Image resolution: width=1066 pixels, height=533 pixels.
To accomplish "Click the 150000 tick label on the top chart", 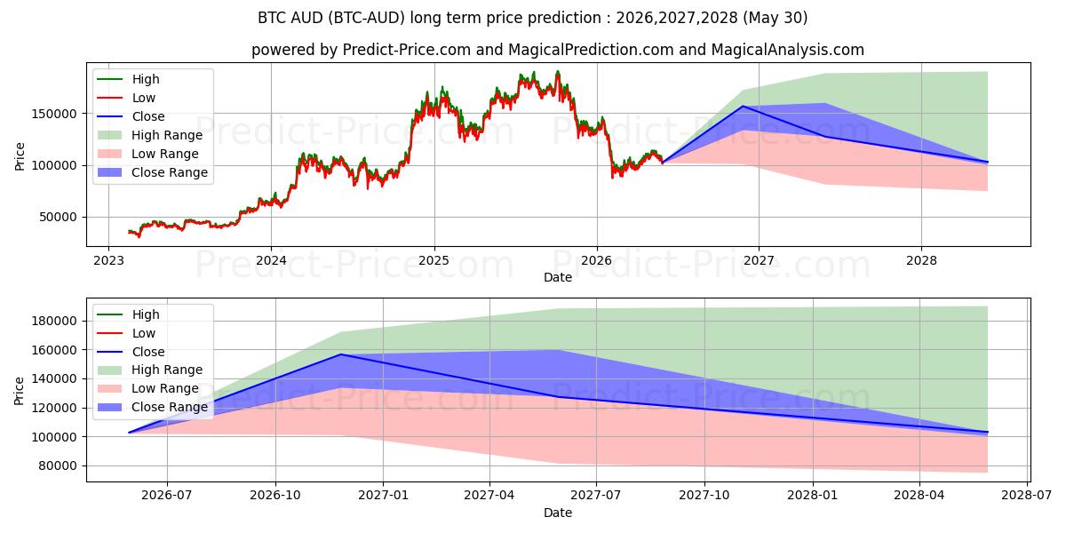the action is (54, 114).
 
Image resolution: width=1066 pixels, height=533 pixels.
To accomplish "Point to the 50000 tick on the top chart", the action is (58, 217).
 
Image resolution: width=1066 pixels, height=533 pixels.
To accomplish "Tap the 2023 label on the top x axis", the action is (108, 261).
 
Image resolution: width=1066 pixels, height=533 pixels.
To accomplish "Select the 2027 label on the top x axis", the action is (759, 261).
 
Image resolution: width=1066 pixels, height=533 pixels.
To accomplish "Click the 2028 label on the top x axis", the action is (921, 261).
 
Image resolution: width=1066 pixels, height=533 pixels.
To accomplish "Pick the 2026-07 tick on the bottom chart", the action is (167, 496).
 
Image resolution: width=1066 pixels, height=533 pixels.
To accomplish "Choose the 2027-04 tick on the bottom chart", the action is (489, 496).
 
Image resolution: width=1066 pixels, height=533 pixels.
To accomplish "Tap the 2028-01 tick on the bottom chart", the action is (813, 496).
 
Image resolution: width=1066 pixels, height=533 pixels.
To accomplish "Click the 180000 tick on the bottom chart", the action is (54, 322).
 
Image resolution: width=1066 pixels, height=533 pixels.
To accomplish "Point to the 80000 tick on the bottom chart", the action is (58, 465).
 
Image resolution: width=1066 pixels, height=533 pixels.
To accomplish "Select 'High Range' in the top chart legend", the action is (167, 135).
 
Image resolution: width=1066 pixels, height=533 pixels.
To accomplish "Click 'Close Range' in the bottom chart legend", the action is (170, 408).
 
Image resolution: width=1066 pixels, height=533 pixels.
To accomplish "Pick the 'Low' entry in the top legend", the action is (144, 98).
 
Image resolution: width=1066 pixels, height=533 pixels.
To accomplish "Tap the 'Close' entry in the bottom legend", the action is (148, 352).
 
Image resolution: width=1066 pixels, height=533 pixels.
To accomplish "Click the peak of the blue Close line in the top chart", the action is (743, 106).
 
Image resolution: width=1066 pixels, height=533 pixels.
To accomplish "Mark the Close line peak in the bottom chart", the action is (341, 354).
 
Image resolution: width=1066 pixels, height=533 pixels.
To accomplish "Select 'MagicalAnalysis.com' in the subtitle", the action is (788, 50).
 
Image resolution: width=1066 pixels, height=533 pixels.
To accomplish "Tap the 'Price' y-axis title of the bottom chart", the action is (19, 391).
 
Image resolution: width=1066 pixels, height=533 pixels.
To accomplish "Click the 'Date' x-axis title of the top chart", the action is (558, 277).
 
